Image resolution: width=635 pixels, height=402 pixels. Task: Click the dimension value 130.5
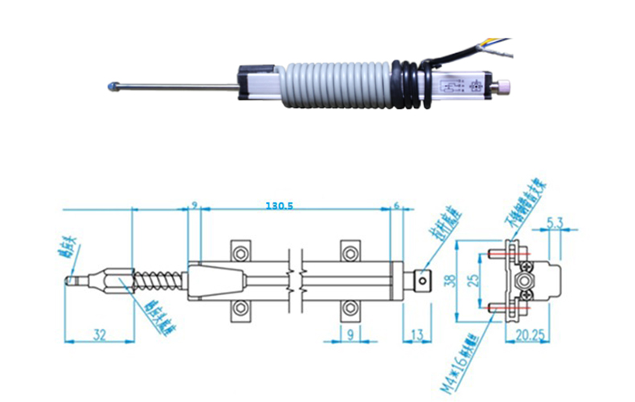(x=279, y=206)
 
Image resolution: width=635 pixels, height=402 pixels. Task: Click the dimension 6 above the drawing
(x=396, y=206)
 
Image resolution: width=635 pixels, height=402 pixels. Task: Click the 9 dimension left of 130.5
(x=194, y=206)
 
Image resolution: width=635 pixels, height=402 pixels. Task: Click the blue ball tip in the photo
(x=110, y=84)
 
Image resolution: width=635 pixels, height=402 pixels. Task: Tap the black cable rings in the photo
(x=411, y=83)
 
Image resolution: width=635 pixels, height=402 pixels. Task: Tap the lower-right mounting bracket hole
(x=350, y=308)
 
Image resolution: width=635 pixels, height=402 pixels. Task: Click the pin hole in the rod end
(x=423, y=281)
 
